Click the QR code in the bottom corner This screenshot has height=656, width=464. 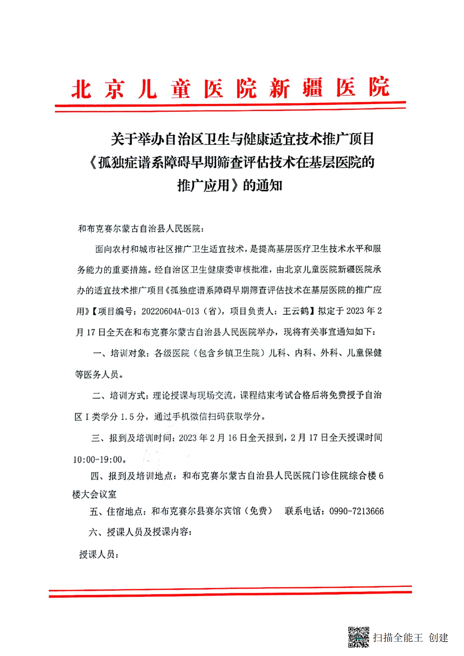coord(358,637)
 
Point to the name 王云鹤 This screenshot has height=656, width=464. coord(295,311)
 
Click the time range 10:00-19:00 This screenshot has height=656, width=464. coord(97,459)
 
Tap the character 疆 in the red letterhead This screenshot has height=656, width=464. coord(312,88)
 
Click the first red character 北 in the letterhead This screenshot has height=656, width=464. coord(81,89)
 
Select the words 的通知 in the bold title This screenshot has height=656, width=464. coord(262,186)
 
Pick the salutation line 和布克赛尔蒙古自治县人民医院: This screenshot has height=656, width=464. coord(141,229)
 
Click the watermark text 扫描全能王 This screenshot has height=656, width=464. coord(397,637)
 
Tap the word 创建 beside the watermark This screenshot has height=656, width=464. coord(438,637)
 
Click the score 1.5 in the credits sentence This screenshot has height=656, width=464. coord(127,417)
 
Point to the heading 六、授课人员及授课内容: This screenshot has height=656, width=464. coord(140,532)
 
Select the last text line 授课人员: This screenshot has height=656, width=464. coord(99,554)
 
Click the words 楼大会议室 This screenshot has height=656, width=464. coord(94,494)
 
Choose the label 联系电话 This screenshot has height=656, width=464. coord(303,511)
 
